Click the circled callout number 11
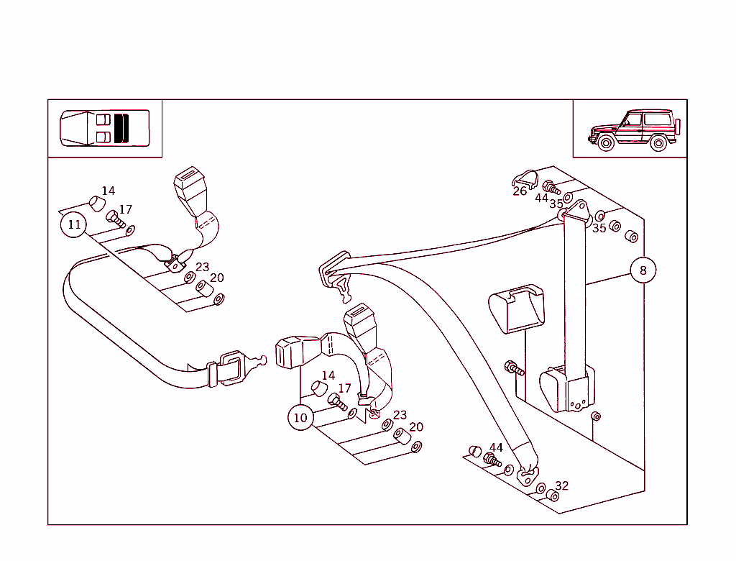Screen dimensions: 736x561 tap(74, 224)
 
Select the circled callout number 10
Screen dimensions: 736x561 tap(300, 417)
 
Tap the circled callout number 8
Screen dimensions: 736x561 tap(643, 270)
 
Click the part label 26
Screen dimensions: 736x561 tap(520, 191)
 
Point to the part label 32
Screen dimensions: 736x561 tap(562, 485)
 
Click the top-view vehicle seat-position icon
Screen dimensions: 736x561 tap(105, 128)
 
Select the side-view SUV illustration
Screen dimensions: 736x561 tap(634, 130)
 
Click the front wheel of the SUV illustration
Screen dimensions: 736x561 tap(606, 142)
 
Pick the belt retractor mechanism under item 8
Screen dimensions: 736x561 tap(567, 389)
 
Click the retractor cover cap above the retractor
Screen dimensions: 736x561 tap(517, 309)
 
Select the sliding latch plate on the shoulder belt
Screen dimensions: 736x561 tap(335, 277)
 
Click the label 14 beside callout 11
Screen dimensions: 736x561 tap(109, 191)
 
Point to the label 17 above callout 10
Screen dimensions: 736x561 tap(344, 388)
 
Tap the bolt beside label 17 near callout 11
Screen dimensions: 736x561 tap(116, 219)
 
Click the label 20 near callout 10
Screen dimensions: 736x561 tap(416, 427)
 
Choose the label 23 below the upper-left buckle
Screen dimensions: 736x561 tap(202, 267)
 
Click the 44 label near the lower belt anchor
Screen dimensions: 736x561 tap(496, 447)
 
